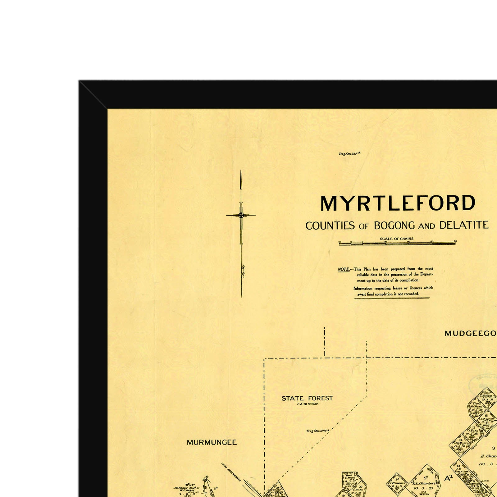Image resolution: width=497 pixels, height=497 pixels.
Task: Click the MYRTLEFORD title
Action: (398, 203)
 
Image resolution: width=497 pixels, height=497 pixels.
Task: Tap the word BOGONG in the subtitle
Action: (394, 226)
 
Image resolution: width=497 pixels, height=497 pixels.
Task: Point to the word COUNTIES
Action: (330, 226)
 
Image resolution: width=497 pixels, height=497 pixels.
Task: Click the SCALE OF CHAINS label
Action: (397, 239)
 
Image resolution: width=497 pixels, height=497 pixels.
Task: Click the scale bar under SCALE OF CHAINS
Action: (398, 244)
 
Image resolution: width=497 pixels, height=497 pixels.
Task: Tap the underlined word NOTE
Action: (344, 269)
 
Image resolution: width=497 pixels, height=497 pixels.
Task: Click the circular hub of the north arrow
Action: (241, 215)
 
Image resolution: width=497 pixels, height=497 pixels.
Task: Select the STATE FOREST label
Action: (307, 398)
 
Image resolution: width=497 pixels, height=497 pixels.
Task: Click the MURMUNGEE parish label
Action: (212, 442)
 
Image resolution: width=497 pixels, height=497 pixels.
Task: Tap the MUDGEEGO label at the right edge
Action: (470, 334)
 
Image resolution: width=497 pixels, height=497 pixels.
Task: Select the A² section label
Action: (448, 478)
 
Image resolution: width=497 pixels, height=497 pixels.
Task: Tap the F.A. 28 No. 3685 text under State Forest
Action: (308, 404)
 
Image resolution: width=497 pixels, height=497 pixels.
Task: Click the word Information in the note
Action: (362, 288)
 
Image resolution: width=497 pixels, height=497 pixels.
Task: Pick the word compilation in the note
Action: (409, 280)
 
